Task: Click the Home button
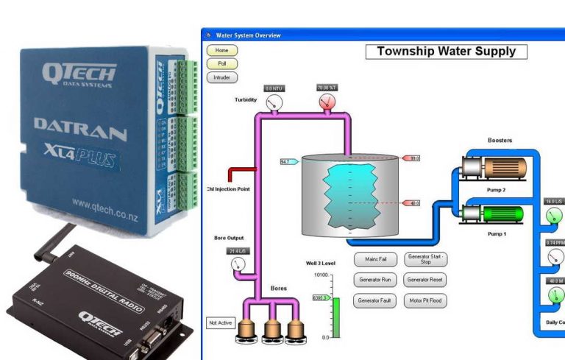222,50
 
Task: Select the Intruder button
222,77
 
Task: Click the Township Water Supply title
447,52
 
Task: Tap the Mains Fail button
377,259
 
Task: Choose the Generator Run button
377,280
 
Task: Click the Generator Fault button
377,300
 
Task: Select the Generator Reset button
424,280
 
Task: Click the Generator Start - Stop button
424,259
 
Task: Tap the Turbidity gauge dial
274,102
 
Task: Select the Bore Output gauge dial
237,264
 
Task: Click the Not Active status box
221,322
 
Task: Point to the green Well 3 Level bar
336,317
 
